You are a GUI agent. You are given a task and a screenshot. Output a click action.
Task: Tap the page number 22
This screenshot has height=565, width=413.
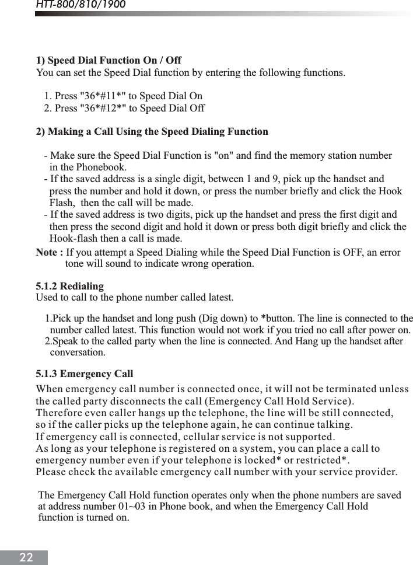click(x=26, y=557)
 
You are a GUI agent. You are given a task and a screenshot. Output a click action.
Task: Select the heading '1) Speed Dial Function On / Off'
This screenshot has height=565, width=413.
click(x=108, y=61)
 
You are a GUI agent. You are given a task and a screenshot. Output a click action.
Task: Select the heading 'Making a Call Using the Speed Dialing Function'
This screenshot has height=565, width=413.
click(x=157, y=132)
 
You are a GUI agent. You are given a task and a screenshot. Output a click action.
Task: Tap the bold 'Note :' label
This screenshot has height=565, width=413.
click(x=50, y=253)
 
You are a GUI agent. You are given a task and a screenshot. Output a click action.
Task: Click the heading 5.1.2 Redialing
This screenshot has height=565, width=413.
click(x=70, y=287)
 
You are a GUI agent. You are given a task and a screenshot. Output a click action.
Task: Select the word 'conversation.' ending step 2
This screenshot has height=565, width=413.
click(x=78, y=353)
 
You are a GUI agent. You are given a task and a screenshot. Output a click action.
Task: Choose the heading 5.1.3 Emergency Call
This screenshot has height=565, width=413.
click(x=85, y=374)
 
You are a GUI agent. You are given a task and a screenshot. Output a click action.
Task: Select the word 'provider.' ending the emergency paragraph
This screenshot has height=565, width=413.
click(x=377, y=472)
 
